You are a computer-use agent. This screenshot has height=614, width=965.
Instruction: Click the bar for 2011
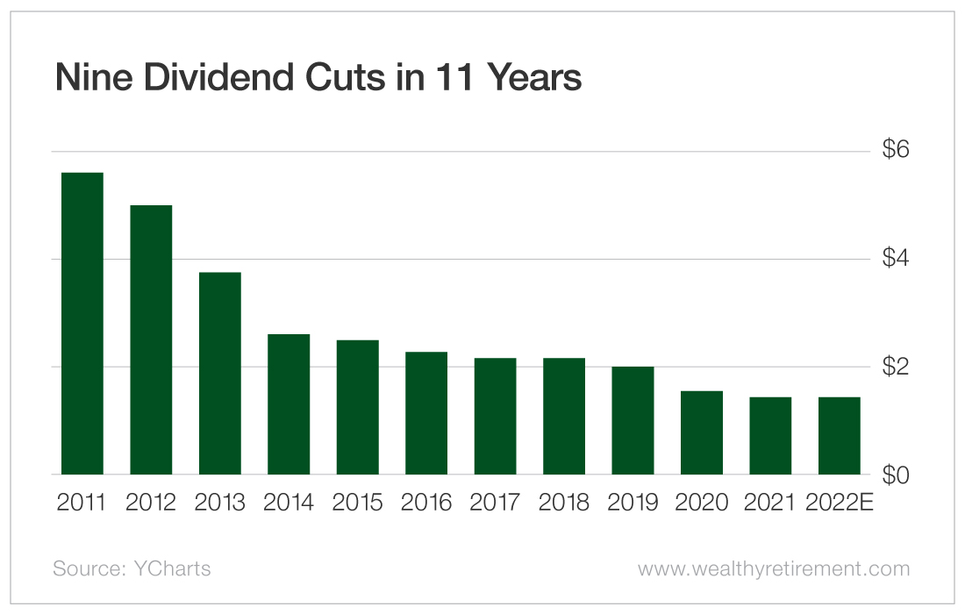pyautogui.click(x=82, y=324)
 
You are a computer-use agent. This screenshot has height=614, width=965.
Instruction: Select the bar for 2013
pyautogui.click(x=219, y=374)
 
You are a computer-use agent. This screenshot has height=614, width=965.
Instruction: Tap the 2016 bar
pyautogui.click(x=426, y=413)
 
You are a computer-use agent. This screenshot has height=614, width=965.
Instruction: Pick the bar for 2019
pyautogui.click(x=633, y=420)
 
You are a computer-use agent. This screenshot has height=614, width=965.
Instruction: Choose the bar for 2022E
pyautogui.click(x=840, y=436)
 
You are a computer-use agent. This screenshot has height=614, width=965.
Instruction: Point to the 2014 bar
pyautogui.click(x=289, y=404)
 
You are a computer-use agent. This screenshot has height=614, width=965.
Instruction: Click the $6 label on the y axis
pyautogui.click(x=896, y=151)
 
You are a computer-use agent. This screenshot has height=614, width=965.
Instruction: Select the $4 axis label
pyautogui.click(x=896, y=259)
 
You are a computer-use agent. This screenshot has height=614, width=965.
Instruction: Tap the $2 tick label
pyautogui.click(x=896, y=367)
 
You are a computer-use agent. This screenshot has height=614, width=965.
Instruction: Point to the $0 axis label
pyautogui.click(x=896, y=475)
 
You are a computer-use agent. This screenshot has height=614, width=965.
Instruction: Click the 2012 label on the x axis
pyautogui.click(x=151, y=503)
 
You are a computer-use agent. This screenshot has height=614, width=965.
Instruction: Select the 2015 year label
pyautogui.click(x=358, y=503)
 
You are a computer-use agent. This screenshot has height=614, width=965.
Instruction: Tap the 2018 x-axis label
pyautogui.click(x=564, y=503)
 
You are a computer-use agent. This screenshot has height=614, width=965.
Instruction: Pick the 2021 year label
pyautogui.click(x=770, y=503)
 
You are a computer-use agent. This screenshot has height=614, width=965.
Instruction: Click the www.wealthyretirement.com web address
pyautogui.click(x=774, y=568)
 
